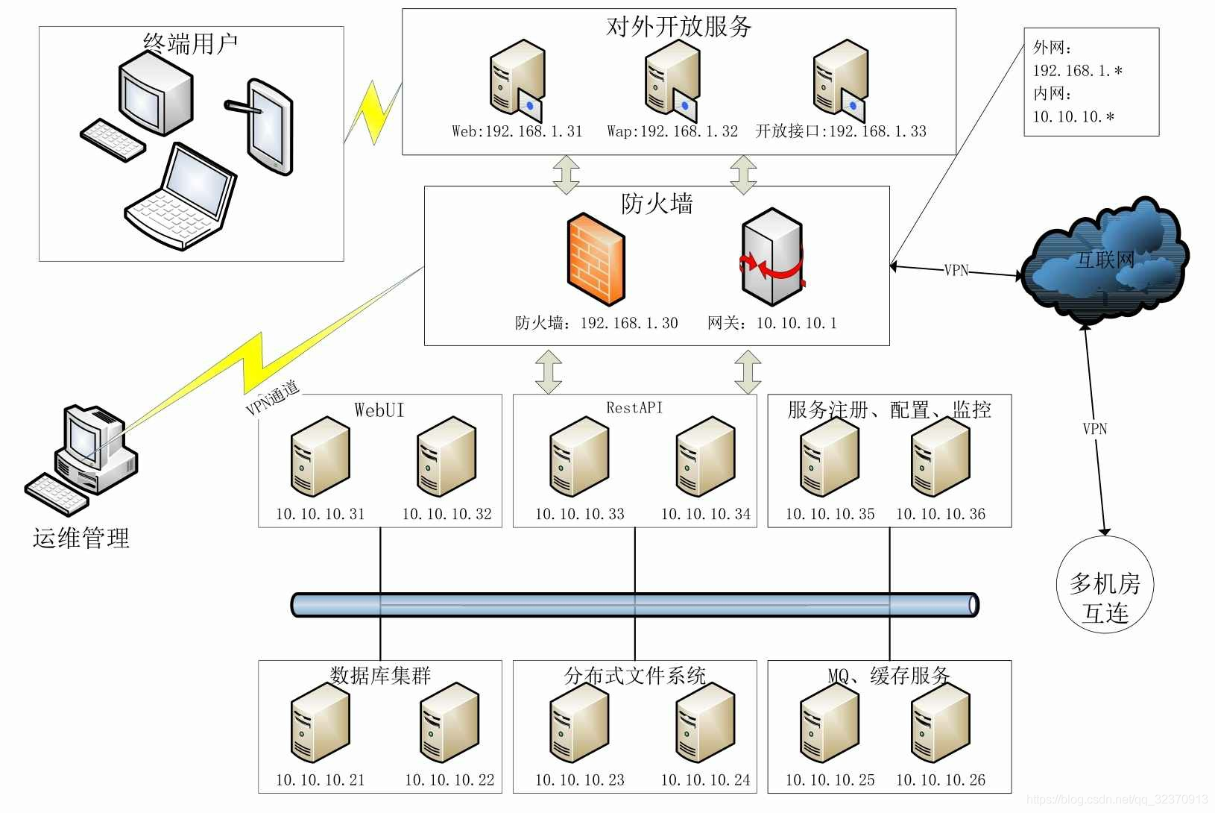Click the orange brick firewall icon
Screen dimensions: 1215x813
pos(596,260)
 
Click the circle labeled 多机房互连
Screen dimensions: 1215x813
pos(1105,585)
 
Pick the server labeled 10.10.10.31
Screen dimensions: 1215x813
pos(320,456)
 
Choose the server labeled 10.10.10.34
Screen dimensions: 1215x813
pos(705,456)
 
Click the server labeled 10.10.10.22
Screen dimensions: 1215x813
pos(449,722)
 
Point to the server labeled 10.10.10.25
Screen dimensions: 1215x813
pos(830,722)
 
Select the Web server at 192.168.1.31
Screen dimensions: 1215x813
pos(517,81)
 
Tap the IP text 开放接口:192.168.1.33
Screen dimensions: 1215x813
pos(841,131)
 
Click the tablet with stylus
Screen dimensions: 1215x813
pos(263,127)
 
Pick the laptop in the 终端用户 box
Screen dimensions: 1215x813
pos(180,196)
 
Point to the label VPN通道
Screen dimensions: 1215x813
pos(272,398)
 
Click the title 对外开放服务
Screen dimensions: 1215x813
pos(678,26)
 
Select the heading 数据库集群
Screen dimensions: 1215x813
pos(380,676)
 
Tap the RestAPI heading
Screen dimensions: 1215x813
pos(634,407)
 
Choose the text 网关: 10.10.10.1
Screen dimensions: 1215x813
pos(771,324)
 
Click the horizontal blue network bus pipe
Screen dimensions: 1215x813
pos(634,605)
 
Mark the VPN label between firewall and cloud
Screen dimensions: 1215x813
pos(956,270)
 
